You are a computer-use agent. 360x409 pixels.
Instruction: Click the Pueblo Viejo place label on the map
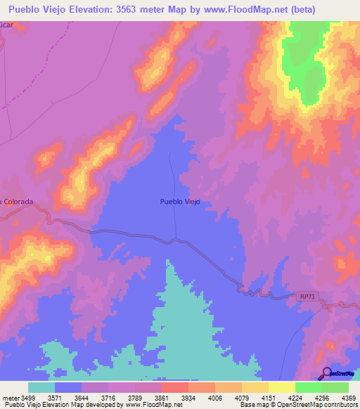pos(180,202)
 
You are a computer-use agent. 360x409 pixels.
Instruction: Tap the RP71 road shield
pos(303,297)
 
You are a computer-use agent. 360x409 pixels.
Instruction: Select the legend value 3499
pos(28,397)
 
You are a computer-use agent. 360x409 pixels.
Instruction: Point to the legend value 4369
pos(349,397)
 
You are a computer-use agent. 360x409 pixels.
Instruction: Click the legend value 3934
pos(188,397)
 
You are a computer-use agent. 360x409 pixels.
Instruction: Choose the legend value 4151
pos(269,397)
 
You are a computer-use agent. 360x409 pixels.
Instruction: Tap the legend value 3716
pos(108,397)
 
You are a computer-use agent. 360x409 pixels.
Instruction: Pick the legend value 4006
pos(215,397)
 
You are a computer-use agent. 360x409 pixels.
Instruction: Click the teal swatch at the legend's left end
pos(41,387)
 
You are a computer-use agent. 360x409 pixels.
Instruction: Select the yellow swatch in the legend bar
pos(282,387)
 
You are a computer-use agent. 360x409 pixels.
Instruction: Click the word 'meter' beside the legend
pos(11,397)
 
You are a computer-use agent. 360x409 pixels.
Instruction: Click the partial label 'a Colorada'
pos(17,202)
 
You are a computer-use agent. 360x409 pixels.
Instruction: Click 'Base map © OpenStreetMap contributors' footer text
pos(298,404)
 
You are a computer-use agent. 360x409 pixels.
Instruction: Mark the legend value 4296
pos(322,397)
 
